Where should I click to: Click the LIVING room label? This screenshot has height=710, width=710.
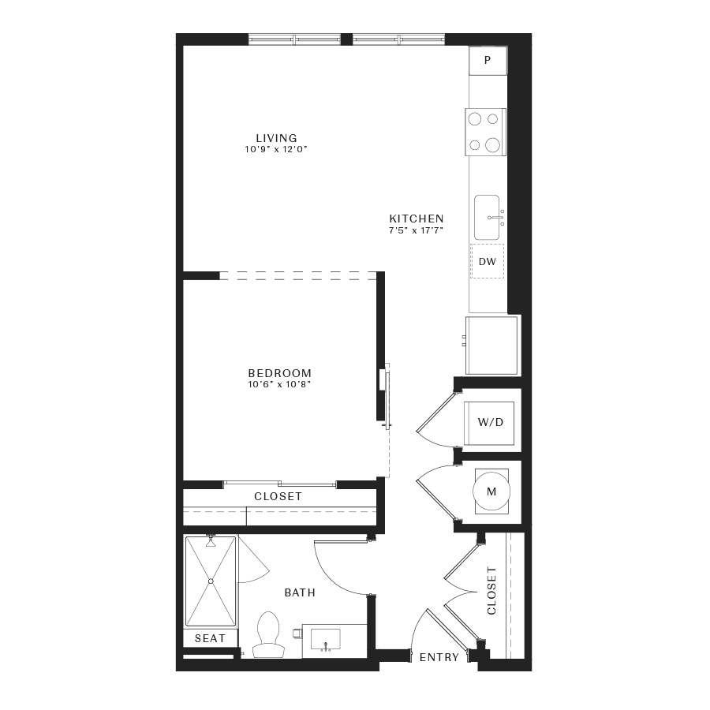click(x=277, y=138)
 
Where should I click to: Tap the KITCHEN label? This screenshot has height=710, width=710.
click(x=417, y=219)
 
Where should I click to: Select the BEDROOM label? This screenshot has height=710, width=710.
click(x=280, y=374)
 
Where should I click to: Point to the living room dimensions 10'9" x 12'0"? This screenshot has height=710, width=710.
click(x=276, y=149)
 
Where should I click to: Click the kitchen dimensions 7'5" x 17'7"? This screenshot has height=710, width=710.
click(x=416, y=230)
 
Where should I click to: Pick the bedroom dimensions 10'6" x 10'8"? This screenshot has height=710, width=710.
click(x=280, y=385)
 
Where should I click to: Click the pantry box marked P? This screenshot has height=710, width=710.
click(x=488, y=60)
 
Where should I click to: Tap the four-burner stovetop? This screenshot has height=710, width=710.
click(x=485, y=132)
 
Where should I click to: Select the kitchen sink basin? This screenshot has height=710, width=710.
click(x=487, y=218)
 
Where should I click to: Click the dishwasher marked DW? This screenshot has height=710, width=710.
click(x=488, y=261)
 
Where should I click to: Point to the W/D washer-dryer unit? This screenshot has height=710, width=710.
click(x=490, y=423)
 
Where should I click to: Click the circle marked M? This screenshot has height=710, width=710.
click(x=491, y=491)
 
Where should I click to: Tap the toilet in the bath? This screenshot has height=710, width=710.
click(x=267, y=634)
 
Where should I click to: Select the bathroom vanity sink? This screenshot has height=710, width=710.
click(x=325, y=639)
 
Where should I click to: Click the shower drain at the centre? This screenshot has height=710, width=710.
click(x=211, y=581)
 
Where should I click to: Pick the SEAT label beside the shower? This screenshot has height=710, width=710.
click(x=210, y=638)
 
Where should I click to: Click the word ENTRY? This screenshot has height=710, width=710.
click(x=439, y=657)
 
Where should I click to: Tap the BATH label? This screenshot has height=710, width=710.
click(x=300, y=592)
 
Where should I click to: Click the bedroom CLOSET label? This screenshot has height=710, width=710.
click(x=278, y=497)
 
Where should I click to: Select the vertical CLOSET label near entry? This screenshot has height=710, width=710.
click(x=491, y=590)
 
